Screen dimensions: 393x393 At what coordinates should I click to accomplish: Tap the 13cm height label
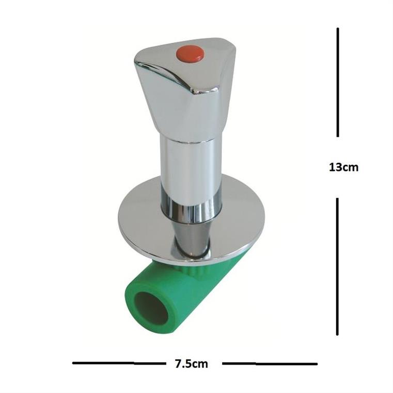tap(343, 167)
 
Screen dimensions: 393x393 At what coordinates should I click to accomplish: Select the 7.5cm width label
tap(192, 364)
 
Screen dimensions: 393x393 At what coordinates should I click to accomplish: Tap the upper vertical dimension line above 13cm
tap(338, 82)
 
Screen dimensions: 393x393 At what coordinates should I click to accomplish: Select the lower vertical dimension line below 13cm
tap(337, 266)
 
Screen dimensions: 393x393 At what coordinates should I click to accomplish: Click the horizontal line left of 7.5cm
tap(119, 363)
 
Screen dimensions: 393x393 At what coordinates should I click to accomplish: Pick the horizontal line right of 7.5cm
tap(270, 364)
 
